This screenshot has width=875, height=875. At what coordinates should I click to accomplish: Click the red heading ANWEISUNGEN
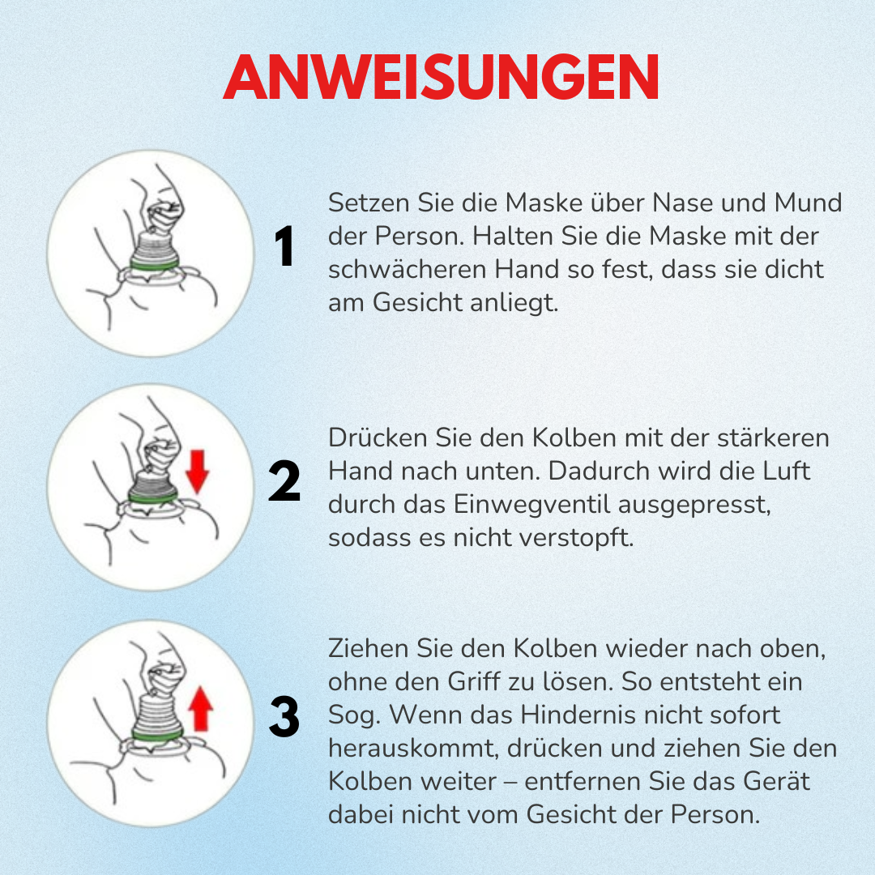coord(441,79)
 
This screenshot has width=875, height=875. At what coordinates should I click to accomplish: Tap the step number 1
coord(284,247)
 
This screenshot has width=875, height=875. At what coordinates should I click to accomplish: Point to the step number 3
coord(284,718)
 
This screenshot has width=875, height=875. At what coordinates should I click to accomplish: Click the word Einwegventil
coord(529,504)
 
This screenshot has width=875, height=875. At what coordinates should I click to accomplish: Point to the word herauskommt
coord(412,749)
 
